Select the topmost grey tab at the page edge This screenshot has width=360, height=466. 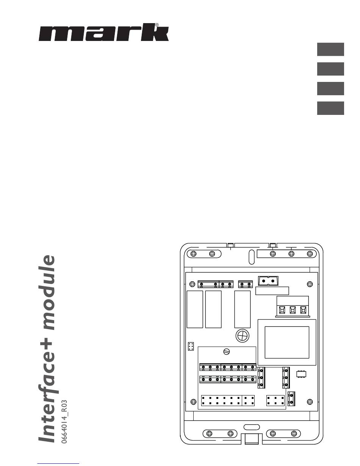[330, 49]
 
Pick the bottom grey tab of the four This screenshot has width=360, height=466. [330, 108]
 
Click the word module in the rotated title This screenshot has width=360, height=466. [49, 292]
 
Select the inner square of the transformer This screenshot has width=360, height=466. [287, 342]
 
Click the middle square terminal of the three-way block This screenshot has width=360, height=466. [293, 310]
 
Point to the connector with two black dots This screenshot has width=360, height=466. [268, 281]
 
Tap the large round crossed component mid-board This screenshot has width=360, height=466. [243, 336]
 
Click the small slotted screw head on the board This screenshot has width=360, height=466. [227, 351]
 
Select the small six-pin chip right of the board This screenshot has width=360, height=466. [301, 374]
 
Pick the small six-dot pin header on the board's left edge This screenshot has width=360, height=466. [191, 346]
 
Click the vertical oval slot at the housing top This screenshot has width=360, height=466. [252, 257]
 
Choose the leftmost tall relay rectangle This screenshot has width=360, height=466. [195, 309]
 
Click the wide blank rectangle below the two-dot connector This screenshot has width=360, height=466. [272, 291]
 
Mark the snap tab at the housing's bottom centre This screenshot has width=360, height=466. [252, 439]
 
